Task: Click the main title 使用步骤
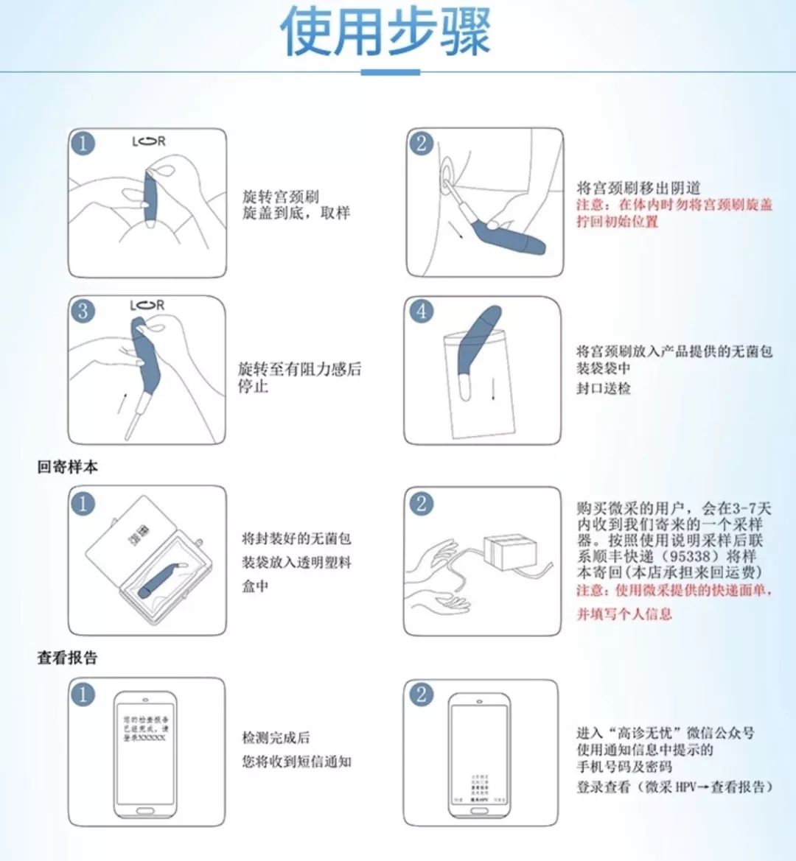pyautogui.click(x=385, y=32)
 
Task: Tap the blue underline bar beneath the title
pyautogui.click(x=390, y=72)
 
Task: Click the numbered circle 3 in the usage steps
pyautogui.click(x=83, y=311)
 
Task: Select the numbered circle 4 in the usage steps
pyautogui.click(x=421, y=311)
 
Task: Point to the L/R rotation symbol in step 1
pyautogui.click(x=149, y=141)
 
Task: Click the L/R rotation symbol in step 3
pyautogui.click(x=147, y=305)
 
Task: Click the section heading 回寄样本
pyautogui.click(x=67, y=467)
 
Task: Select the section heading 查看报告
pyautogui.click(x=67, y=658)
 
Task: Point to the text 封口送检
pyautogui.click(x=603, y=388)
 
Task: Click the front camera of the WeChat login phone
pyautogui.click(x=481, y=699)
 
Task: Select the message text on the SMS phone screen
pyautogui.click(x=145, y=728)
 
